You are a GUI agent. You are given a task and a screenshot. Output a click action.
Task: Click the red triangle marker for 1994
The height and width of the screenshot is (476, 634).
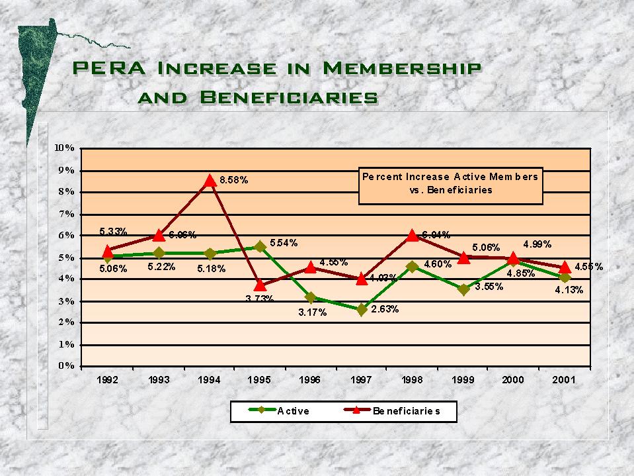(210, 180)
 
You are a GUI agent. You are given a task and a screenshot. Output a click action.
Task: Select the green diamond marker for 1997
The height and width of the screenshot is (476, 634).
(361, 309)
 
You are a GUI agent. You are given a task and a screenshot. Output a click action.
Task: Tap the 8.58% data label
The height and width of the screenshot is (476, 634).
(234, 180)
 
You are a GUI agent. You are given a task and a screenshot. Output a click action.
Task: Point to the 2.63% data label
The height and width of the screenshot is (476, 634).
(385, 309)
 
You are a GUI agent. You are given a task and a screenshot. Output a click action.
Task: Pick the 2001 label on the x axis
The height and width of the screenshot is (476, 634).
(564, 380)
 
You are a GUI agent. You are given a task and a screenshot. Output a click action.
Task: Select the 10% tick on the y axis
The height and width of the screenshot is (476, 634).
(64, 148)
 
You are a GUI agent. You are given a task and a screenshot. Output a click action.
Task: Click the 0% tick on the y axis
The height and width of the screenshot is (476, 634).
(67, 365)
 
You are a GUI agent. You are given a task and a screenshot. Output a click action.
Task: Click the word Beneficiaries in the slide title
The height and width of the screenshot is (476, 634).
(289, 97)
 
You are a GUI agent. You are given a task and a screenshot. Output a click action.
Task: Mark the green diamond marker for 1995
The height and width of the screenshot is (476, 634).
(260, 246)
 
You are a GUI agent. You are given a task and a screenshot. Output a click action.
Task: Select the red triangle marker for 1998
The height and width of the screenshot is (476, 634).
(412, 235)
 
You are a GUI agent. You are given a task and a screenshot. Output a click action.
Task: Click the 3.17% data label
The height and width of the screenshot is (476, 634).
(312, 312)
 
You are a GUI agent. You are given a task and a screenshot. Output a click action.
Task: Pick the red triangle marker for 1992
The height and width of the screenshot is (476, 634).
(108, 251)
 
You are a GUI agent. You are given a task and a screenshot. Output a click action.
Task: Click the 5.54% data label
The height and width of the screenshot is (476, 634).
(284, 244)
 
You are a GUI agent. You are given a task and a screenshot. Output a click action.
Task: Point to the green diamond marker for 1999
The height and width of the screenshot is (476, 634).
(463, 289)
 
